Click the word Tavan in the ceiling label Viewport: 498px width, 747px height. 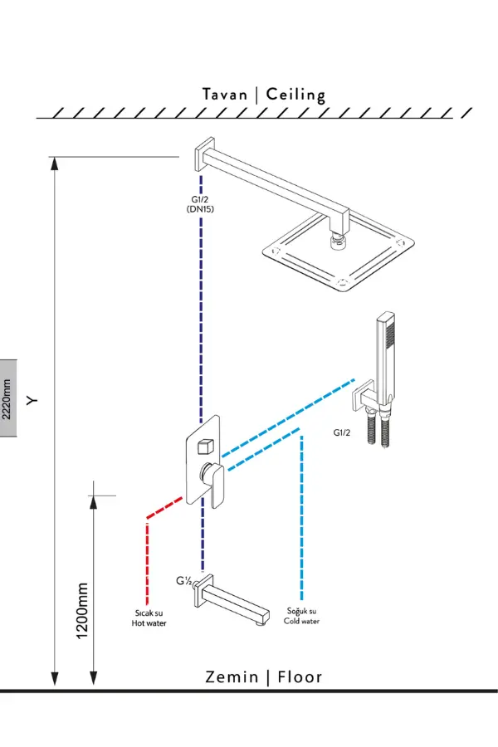pyautogui.click(x=225, y=94)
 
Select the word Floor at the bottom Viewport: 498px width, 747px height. pyautogui.click(x=300, y=677)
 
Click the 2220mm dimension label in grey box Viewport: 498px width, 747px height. pyautogui.click(x=8, y=400)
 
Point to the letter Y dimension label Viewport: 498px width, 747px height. pyautogui.click(x=32, y=400)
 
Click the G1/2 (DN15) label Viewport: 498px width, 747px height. pyautogui.click(x=201, y=204)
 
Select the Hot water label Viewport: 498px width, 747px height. pyautogui.click(x=149, y=618)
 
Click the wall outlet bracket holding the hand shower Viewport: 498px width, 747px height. pyautogui.click(x=365, y=397)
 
